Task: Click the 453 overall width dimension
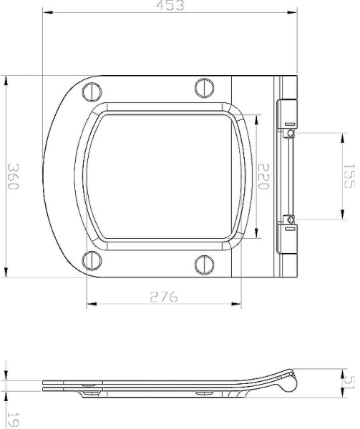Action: coord(170,6)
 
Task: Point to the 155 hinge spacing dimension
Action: coord(348,175)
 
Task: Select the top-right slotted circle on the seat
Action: coord(203,88)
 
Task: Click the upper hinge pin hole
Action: coord(291,132)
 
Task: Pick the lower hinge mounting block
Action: coord(286,236)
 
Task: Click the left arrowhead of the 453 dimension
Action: coord(45,12)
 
